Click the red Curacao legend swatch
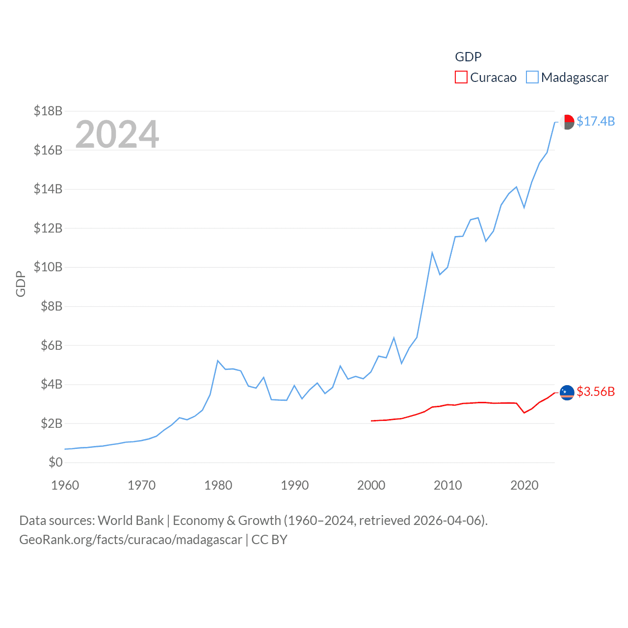[x=461, y=78]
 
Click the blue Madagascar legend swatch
[x=532, y=78]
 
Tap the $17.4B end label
[x=596, y=121]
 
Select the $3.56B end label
[x=596, y=392]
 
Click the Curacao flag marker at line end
[x=567, y=392]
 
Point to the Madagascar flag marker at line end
[x=567, y=122]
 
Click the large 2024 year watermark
[x=117, y=134]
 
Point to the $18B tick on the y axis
[x=48, y=111]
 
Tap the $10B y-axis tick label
[x=48, y=267]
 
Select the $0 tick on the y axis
[x=55, y=462]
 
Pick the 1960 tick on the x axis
[x=65, y=485]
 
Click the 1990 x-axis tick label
[x=295, y=485]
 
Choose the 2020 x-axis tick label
[x=524, y=485]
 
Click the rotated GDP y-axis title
[x=21, y=284]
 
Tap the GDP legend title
[x=468, y=57]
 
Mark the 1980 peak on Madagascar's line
[x=217, y=361]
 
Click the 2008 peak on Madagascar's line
[x=432, y=253]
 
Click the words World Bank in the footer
[x=131, y=520]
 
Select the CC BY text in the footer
[x=269, y=540]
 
